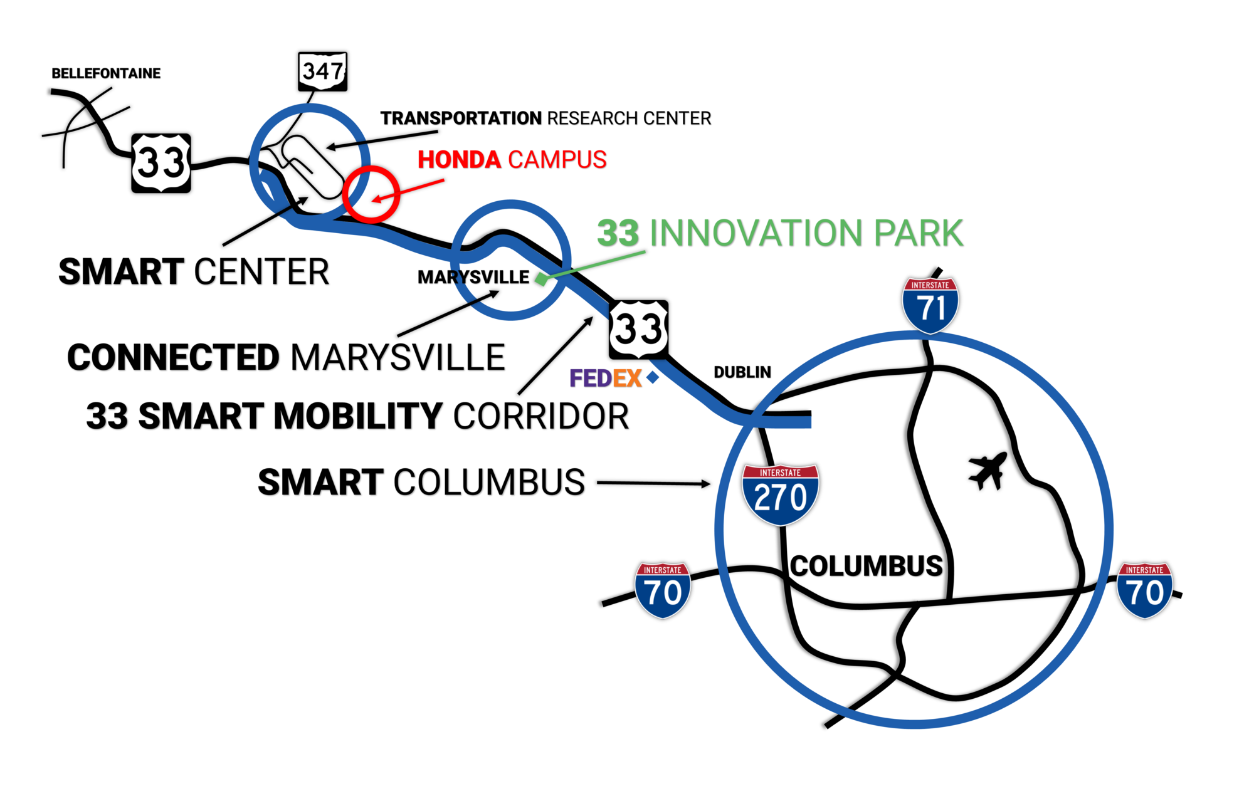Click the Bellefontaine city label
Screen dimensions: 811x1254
106,73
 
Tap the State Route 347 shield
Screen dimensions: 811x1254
322,71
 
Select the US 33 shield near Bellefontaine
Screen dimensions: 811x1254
161,163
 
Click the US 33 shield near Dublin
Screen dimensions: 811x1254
638,330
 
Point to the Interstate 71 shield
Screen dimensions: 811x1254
930,305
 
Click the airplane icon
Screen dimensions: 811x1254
988,471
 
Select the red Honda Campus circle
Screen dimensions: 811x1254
371,194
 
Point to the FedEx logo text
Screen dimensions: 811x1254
605,379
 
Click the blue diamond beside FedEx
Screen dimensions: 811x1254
653,377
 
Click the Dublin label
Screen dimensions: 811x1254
742,372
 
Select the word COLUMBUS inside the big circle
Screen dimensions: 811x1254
866,566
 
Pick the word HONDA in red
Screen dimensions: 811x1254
459,160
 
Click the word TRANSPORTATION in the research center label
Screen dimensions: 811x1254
461,118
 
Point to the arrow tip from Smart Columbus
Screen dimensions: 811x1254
708,484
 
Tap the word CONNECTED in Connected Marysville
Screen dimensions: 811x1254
173,358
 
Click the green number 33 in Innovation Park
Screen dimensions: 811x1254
618,233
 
